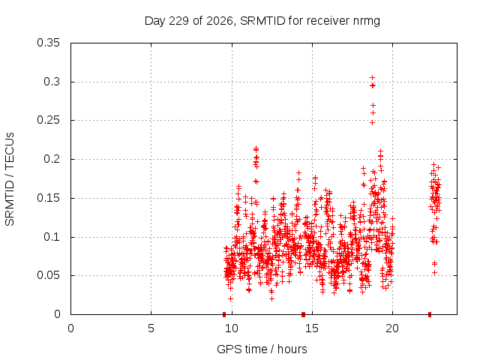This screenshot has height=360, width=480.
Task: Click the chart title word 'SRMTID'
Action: pos(262,21)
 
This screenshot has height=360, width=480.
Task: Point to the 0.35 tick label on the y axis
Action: pos(48,43)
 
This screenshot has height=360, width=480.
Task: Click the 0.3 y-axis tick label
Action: pos(52,82)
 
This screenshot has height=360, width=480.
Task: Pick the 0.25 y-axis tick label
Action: pos(48,120)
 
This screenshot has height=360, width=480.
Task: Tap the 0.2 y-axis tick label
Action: pos(52,159)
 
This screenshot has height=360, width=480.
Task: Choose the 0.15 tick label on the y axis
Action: pos(48,198)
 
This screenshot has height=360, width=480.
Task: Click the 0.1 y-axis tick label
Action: pos(52,237)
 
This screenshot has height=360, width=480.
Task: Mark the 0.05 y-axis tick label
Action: pos(48,275)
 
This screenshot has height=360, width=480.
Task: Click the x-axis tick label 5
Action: pos(151,328)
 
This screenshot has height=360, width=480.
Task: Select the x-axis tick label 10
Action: pos(232,328)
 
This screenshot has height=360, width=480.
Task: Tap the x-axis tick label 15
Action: pos(312,328)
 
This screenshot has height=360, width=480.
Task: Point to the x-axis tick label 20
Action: pos(392,328)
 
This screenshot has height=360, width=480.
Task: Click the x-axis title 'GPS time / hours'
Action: pos(262,349)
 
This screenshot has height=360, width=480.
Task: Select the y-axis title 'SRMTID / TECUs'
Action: pos(10,179)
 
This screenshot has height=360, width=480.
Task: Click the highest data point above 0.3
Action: pos(372,78)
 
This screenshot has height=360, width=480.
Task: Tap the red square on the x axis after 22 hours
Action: pos(430,314)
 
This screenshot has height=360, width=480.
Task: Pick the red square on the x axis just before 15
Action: pos(303,314)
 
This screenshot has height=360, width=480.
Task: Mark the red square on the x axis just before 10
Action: pos(224,314)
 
